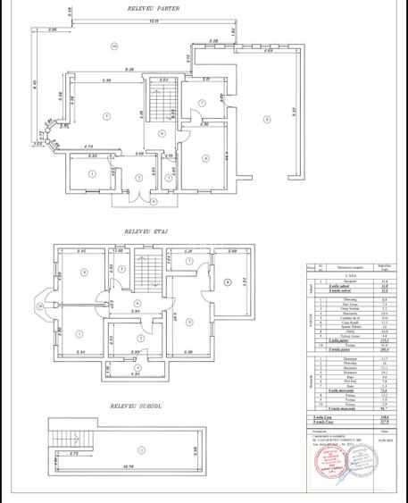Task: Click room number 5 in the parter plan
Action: pos(203,102)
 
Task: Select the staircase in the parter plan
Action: pos(162,105)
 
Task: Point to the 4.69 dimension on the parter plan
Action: pos(268,53)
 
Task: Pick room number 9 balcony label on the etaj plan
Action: pos(228,282)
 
